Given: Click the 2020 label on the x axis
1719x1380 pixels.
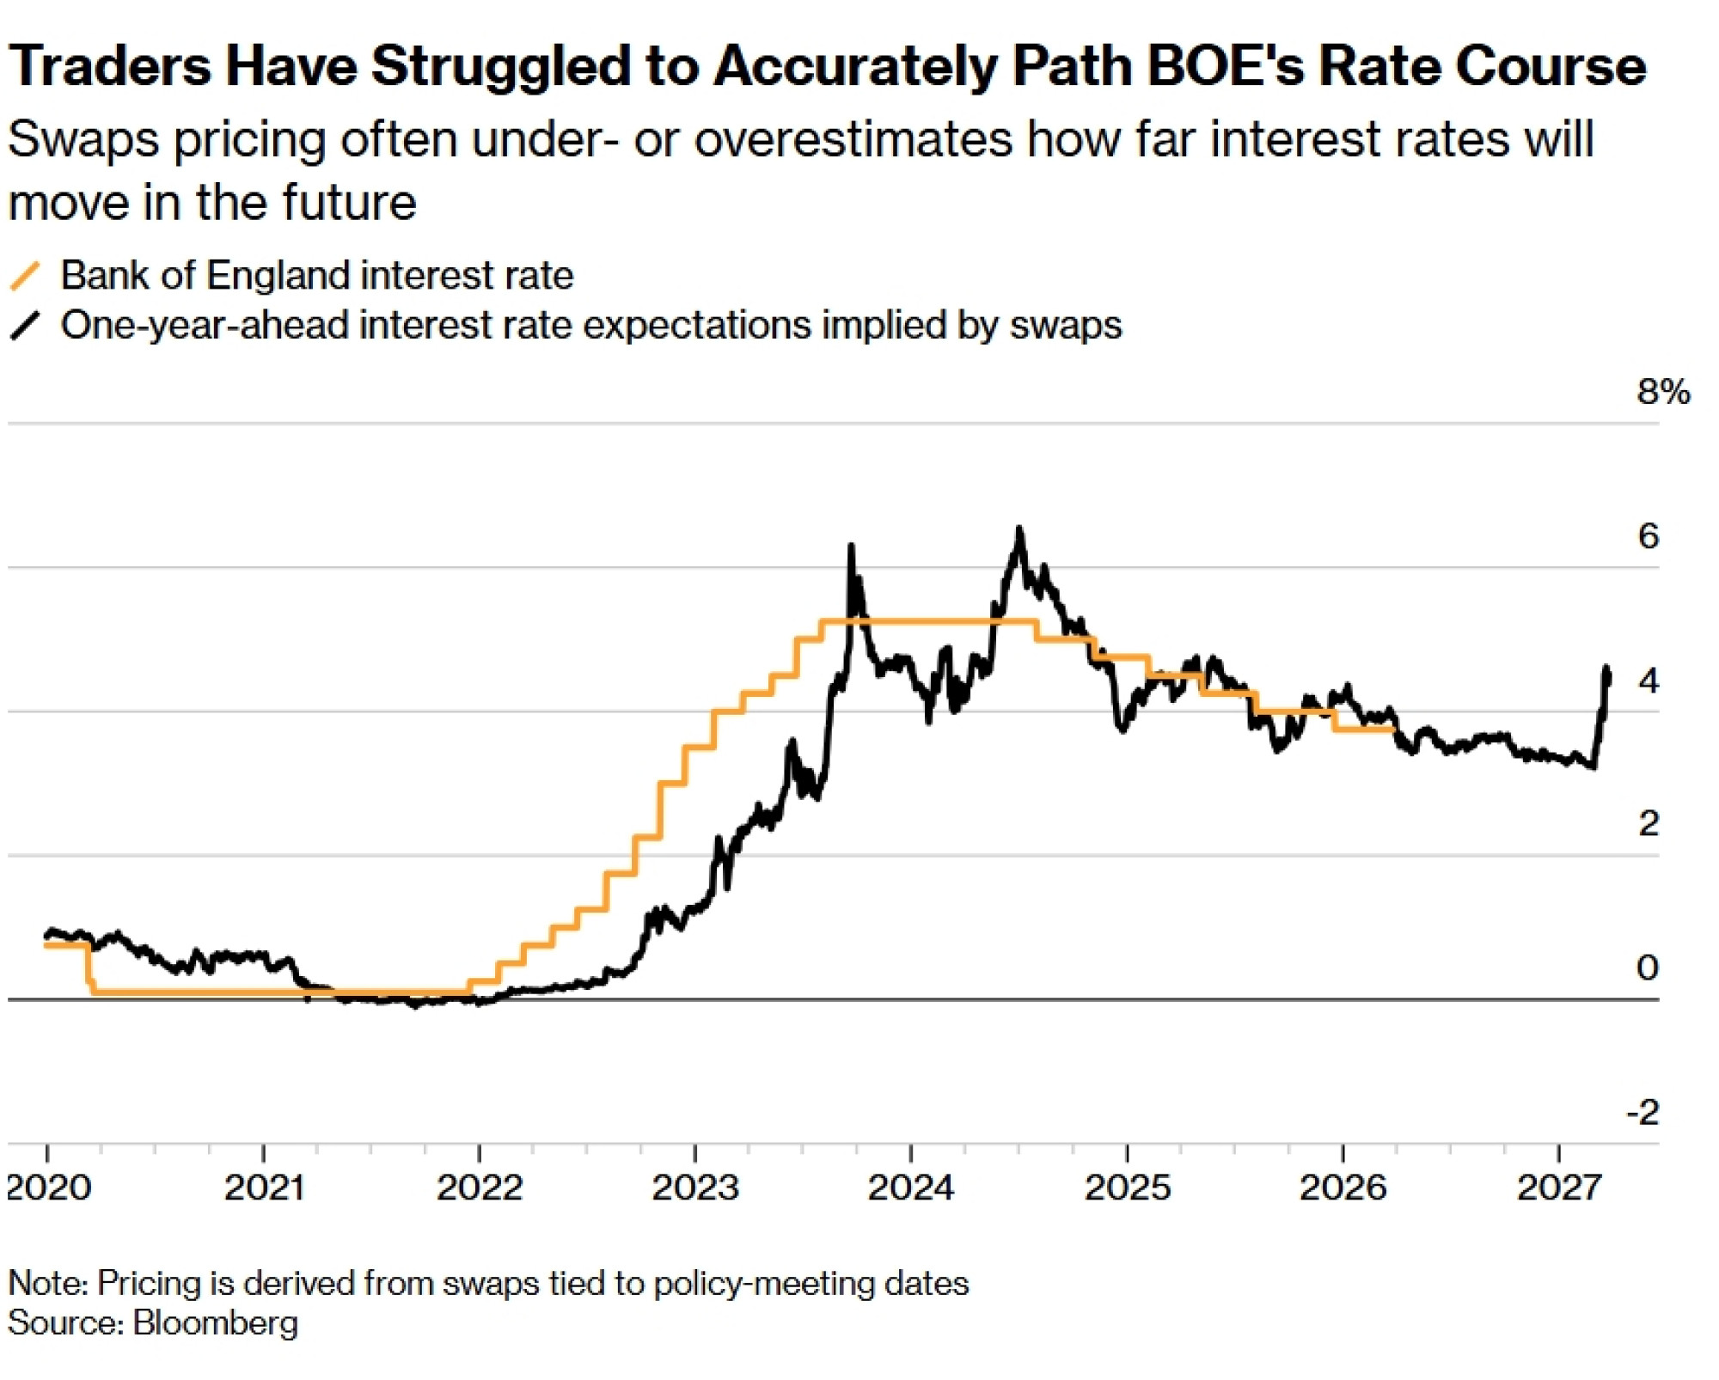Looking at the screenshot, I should tap(48, 1188).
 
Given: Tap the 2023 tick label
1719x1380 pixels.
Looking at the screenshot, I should tap(694, 1188).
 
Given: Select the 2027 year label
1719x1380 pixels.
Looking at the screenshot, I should tap(1559, 1188).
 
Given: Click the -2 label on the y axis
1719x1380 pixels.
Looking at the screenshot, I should tap(1643, 1113).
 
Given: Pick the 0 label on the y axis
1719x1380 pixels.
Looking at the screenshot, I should tap(1648, 968).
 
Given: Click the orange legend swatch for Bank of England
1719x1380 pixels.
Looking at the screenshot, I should tap(25, 276).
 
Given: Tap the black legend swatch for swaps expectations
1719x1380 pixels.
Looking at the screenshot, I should tap(25, 326).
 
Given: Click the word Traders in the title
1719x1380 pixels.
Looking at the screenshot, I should tap(109, 65).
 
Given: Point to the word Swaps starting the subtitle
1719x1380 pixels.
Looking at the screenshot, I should tap(83, 139).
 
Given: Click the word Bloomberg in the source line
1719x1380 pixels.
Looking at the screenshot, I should tap(215, 1322).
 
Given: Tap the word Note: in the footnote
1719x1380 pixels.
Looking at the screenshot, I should tap(47, 1283).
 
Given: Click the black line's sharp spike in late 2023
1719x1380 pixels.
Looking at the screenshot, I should tap(851, 546).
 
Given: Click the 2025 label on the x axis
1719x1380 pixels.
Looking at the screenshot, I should tap(1127, 1188).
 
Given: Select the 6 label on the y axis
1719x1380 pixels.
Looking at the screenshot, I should tap(1648, 536).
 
